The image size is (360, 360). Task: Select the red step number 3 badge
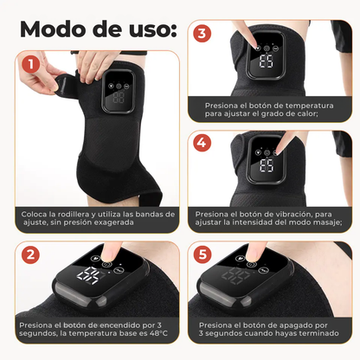coord(202,35)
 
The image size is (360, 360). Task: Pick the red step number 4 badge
coord(202,143)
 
